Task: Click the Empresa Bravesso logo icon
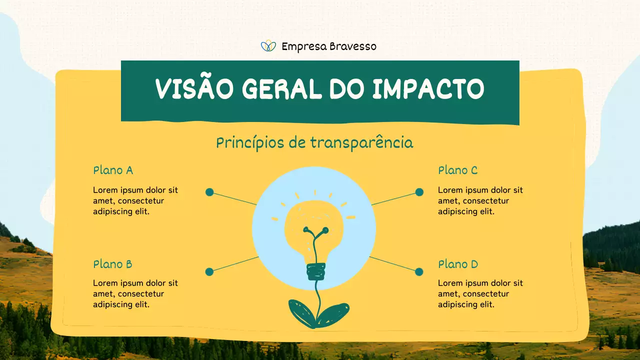click(268, 46)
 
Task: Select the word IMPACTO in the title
click(428, 89)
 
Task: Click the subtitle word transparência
click(361, 143)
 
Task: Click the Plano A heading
click(113, 170)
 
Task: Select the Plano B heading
click(112, 264)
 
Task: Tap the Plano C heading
click(457, 170)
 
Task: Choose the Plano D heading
click(458, 264)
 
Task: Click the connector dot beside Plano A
click(209, 192)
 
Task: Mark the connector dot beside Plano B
click(209, 272)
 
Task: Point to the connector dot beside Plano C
click(419, 192)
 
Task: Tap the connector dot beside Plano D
click(419, 272)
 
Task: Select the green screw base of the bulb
click(315, 271)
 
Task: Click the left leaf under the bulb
click(301, 312)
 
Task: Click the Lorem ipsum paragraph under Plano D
click(480, 293)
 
